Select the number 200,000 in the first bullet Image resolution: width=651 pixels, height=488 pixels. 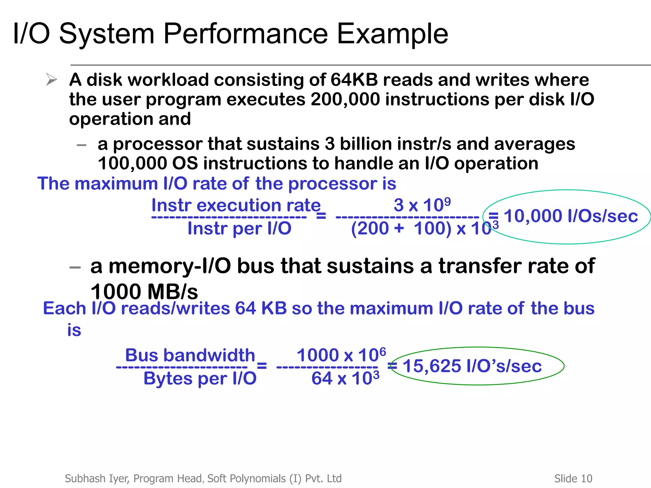(345, 99)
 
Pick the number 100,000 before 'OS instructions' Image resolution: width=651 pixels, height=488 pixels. (132, 164)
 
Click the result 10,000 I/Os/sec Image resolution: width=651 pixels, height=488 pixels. (571, 216)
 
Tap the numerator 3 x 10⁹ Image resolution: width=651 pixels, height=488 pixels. (422, 205)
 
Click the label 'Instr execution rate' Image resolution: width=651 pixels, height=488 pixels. (236, 205)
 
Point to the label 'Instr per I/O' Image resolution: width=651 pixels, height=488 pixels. (239, 228)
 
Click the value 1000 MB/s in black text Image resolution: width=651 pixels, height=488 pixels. (144, 291)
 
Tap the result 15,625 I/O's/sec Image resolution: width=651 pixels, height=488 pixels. (472, 366)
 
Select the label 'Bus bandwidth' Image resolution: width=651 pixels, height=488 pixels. (190, 355)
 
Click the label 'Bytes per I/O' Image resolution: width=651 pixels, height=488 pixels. (200, 378)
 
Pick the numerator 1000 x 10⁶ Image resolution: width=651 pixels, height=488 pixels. (341, 355)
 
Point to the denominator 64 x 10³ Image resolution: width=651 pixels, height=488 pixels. (345, 378)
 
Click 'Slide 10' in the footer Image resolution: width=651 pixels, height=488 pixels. (573, 478)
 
